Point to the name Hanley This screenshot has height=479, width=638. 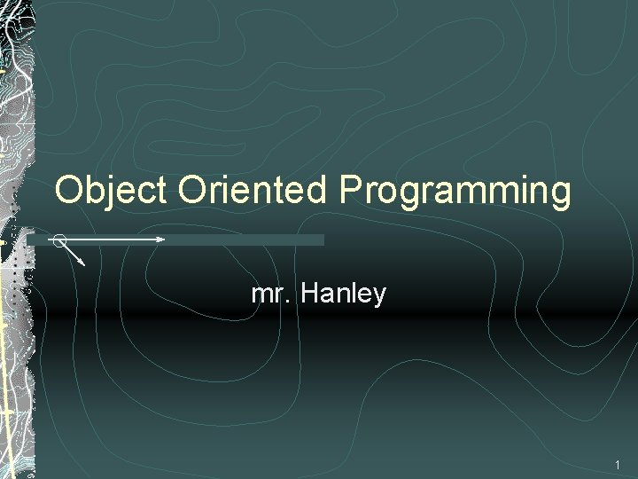[343, 293]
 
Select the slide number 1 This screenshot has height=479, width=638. [618, 465]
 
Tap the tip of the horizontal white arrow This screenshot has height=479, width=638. [164, 239]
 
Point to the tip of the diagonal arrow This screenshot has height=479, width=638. [84, 264]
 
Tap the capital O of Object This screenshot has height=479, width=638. [69, 190]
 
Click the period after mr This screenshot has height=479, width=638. [292, 302]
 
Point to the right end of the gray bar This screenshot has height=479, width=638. [323, 239]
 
